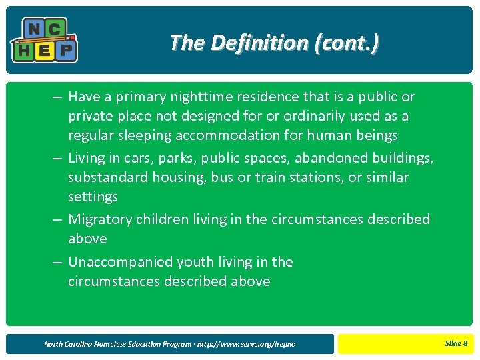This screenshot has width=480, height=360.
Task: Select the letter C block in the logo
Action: [x=55, y=29]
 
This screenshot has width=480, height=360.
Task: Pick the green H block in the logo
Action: [x=24, y=50]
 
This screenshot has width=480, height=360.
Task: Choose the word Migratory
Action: [x=101, y=219]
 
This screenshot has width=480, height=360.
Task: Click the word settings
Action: [x=93, y=197]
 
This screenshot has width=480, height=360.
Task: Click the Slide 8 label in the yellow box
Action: [x=456, y=343]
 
